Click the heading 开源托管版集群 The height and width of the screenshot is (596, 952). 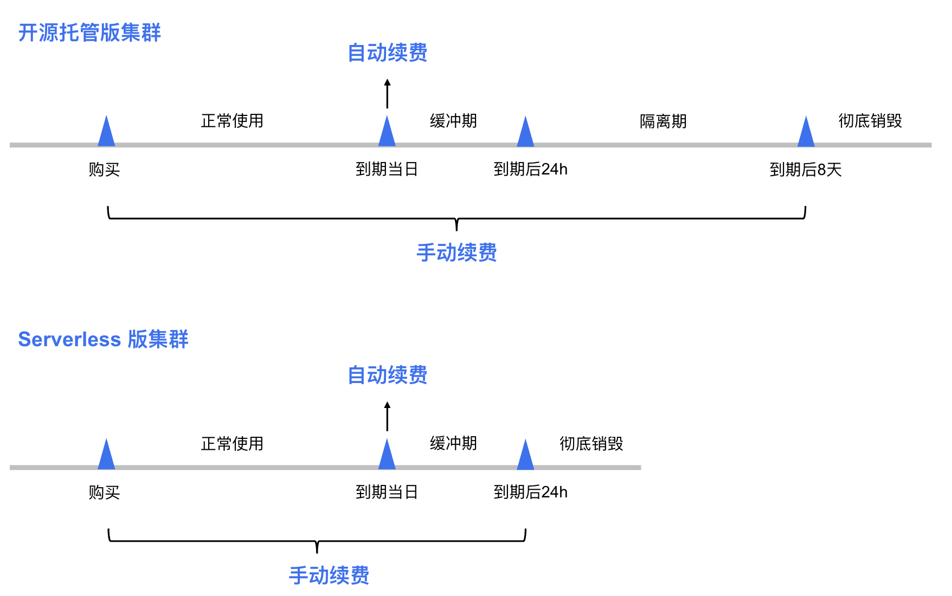click(x=89, y=33)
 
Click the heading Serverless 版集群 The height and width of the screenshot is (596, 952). click(x=103, y=339)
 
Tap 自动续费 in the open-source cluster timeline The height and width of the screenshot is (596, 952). click(x=387, y=53)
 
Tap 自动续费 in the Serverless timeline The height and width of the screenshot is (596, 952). click(x=387, y=375)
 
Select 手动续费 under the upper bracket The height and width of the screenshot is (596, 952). click(x=456, y=252)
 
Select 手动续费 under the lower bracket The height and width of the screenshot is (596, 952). click(x=329, y=575)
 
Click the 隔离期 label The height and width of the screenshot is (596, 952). click(x=663, y=121)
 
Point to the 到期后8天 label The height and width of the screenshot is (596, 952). click(x=806, y=170)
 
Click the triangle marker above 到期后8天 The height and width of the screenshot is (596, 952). click(x=806, y=133)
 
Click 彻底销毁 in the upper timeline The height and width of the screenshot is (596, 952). click(x=870, y=121)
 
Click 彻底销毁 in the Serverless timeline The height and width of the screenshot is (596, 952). click(x=591, y=444)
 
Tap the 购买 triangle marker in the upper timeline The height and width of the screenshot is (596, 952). click(x=106, y=133)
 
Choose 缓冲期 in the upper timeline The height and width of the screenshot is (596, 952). click(x=453, y=121)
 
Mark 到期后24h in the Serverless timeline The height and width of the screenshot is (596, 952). click(x=530, y=492)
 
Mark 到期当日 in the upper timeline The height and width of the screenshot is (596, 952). click(x=387, y=170)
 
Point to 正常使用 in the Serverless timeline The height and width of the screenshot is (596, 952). click(x=232, y=444)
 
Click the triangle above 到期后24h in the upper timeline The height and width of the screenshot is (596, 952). click(x=525, y=133)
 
